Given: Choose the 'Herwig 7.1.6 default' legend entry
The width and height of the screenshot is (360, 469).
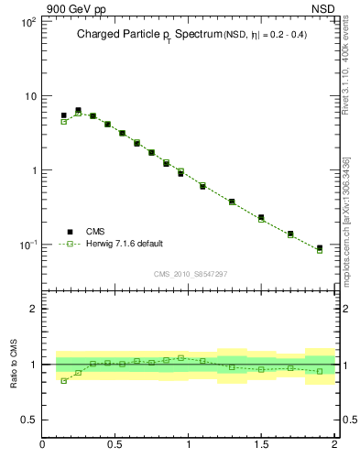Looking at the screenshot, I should [124, 244].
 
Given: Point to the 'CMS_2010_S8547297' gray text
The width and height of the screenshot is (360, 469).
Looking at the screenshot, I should [189, 274].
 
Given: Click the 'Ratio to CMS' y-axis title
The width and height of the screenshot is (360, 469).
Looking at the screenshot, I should [15, 365].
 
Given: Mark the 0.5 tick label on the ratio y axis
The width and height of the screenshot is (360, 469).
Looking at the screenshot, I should [28, 420].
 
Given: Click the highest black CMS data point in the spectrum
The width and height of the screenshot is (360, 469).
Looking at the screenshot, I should [78, 110].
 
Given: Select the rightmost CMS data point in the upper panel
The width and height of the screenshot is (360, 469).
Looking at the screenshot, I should [320, 248].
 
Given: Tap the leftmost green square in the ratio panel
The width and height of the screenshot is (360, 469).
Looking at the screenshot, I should [63, 381].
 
